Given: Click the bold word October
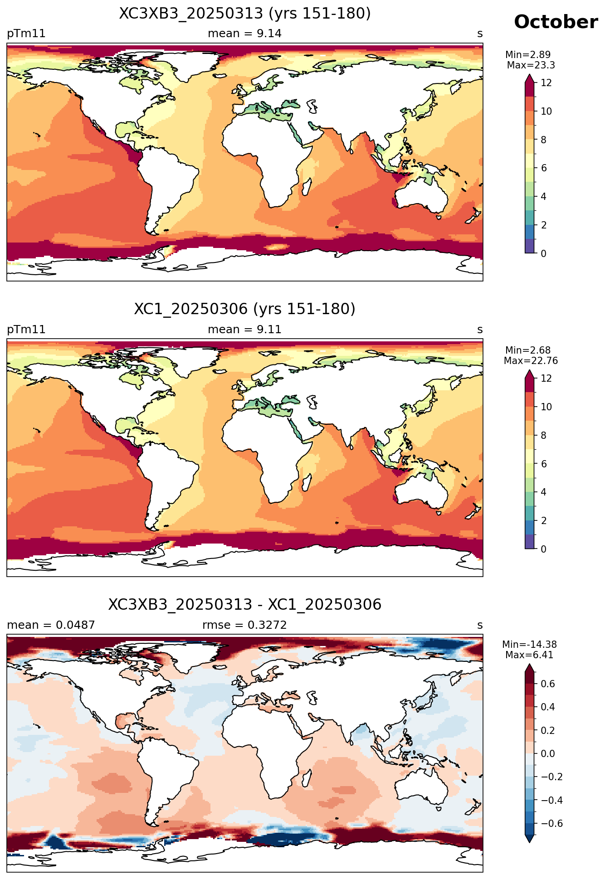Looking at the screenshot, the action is click(x=556, y=22).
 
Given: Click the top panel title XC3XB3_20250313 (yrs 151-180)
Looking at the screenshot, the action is click(x=245, y=14).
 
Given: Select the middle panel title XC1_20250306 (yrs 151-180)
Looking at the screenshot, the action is click(x=245, y=309).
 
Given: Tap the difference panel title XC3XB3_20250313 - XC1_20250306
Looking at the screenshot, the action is click(x=245, y=605).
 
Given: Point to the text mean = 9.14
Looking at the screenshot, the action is click(x=245, y=34).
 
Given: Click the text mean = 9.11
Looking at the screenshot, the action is click(x=245, y=330).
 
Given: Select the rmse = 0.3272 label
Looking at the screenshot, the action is click(x=245, y=625).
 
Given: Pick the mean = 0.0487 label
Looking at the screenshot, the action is click(x=51, y=625).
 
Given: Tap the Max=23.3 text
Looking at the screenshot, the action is click(x=531, y=65).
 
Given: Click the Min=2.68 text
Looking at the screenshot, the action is click(x=528, y=350).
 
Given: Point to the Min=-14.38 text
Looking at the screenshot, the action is click(x=529, y=645).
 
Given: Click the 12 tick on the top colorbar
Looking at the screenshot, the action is click(x=546, y=83).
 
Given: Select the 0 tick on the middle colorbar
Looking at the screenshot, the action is click(x=544, y=549).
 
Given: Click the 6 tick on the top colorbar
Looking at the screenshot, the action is click(x=544, y=168).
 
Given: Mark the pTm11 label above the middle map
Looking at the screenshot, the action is click(x=26, y=330).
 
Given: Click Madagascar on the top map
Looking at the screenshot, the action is click(x=307, y=186).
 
